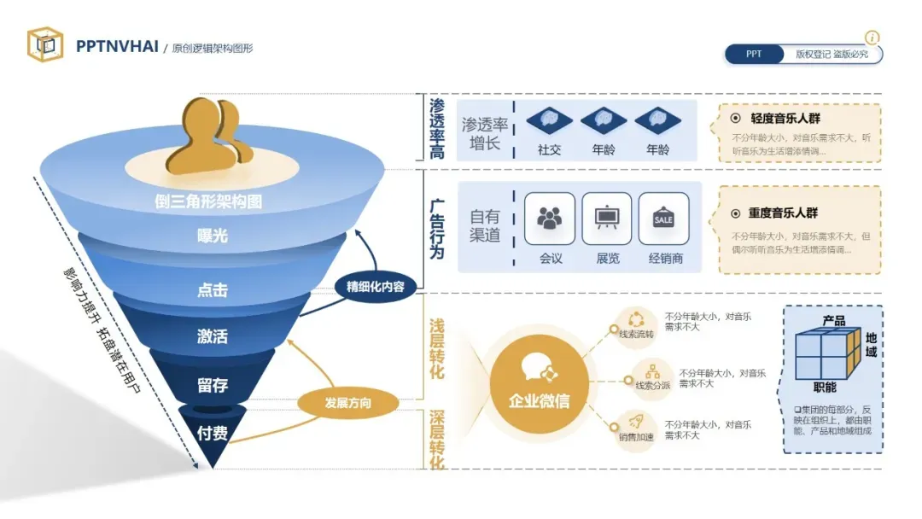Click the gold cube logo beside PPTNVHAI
[x=45, y=44]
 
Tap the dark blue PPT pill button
[x=754, y=54]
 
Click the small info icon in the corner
[x=872, y=38]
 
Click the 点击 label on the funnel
[x=213, y=289]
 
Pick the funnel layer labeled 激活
[x=213, y=336]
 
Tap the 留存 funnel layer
[x=213, y=385]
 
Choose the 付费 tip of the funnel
[x=213, y=433]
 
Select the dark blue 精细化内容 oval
[x=376, y=286]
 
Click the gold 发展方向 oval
[x=348, y=402]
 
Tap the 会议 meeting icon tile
[x=550, y=219]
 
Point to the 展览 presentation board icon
[x=607, y=219]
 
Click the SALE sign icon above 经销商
[x=663, y=219]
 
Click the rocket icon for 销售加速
[x=636, y=421]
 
